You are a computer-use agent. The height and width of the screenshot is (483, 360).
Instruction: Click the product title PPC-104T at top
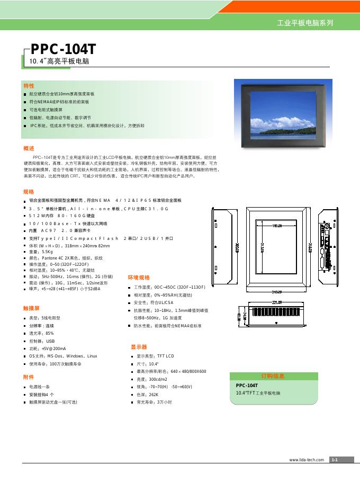click(64, 49)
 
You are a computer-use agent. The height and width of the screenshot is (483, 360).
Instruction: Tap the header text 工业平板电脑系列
click(305, 24)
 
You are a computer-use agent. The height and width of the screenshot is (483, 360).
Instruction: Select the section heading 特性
click(29, 85)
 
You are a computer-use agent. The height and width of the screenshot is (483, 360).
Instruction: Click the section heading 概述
click(29, 149)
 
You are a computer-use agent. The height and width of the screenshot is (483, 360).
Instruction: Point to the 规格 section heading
click(29, 192)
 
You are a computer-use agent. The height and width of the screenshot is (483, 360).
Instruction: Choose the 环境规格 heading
click(139, 278)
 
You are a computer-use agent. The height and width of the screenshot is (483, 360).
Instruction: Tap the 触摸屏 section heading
click(32, 308)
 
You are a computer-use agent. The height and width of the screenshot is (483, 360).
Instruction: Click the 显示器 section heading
click(139, 347)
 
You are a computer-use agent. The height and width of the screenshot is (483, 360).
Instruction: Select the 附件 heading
click(29, 378)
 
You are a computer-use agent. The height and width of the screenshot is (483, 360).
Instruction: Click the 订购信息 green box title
click(273, 376)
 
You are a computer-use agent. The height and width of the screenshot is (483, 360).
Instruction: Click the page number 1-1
click(335, 460)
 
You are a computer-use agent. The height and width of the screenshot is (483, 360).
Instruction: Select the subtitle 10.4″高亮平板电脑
click(56, 62)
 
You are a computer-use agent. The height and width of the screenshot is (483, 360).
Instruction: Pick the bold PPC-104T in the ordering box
click(247, 386)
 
